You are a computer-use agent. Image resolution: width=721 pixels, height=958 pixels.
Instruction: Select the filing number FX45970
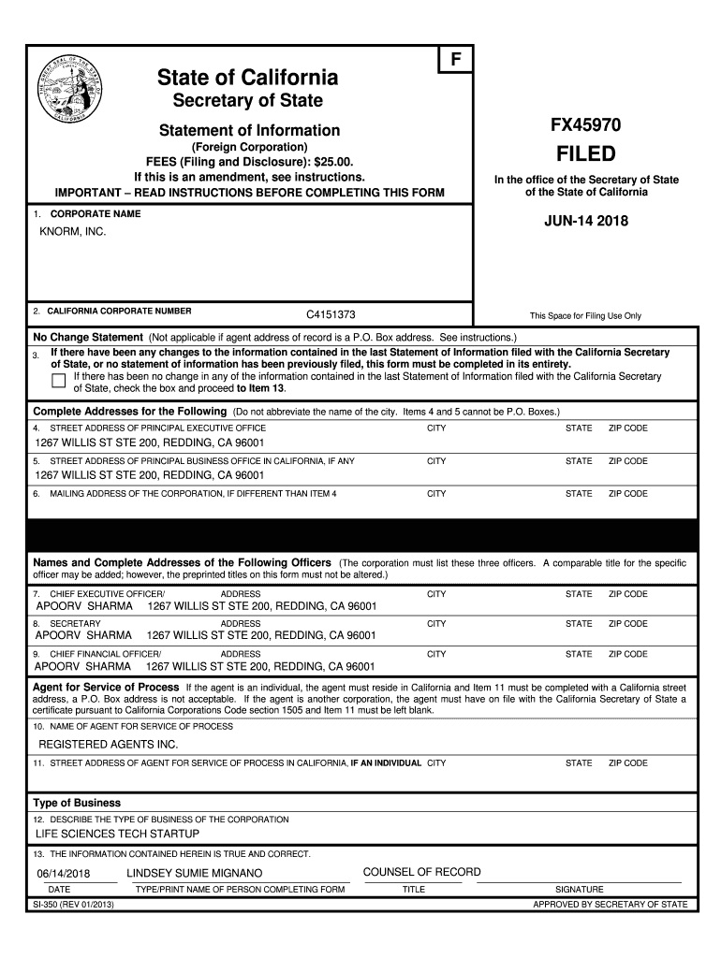click(585, 125)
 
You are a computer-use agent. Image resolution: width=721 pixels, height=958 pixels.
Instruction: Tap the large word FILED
click(585, 153)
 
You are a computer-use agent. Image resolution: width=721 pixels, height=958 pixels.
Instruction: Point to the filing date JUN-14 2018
click(586, 222)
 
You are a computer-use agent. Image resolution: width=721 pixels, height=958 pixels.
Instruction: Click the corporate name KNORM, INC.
click(73, 232)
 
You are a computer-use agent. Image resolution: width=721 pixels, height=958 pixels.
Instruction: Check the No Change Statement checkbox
click(59, 380)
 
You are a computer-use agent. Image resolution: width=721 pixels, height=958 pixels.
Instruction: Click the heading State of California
click(248, 77)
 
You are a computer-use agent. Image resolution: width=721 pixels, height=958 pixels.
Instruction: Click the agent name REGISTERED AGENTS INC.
click(108, 745)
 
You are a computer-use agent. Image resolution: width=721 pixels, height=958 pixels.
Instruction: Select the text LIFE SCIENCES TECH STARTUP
click(117, 834)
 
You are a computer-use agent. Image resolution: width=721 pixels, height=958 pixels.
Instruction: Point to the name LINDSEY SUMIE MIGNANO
click(195, 873)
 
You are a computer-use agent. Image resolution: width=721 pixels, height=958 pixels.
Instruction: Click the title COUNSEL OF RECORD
click(421, 872)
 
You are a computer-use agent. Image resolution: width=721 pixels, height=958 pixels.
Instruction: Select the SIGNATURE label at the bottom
click(579, 889)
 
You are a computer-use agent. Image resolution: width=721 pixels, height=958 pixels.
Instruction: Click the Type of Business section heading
click(77, 803)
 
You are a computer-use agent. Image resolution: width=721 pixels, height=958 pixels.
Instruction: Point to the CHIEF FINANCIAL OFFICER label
click(105, 654)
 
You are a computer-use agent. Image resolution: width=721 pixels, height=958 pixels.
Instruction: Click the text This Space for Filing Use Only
click(585, 315)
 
